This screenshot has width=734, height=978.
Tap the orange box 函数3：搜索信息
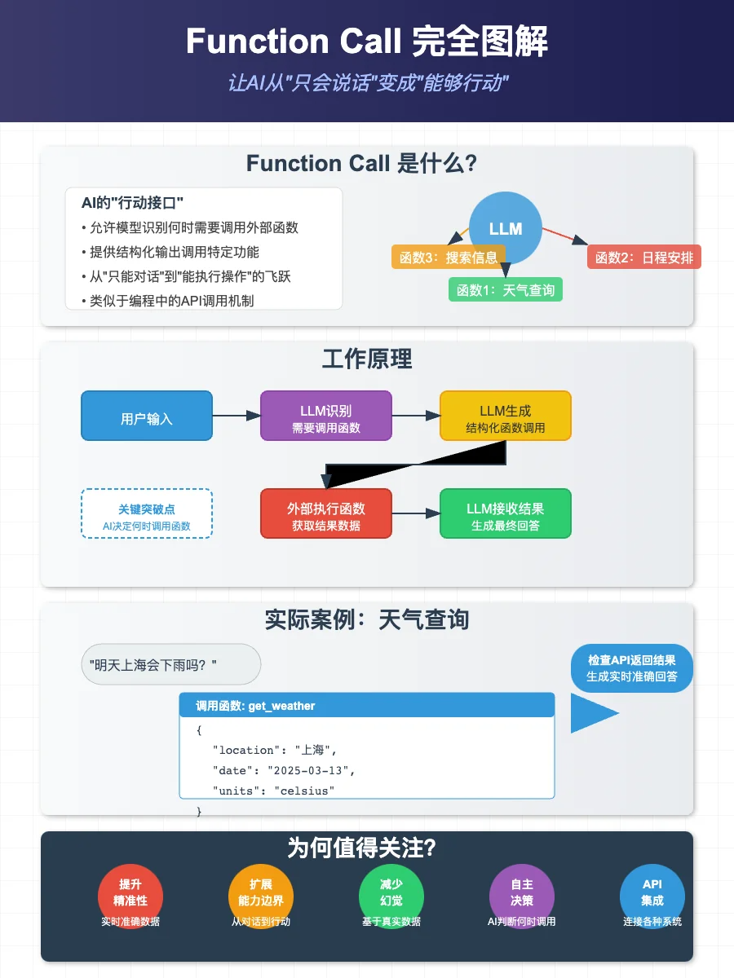click(448, 258)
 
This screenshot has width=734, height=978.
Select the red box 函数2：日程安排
click(644, 258)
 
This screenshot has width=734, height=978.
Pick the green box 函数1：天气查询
click(506, 289)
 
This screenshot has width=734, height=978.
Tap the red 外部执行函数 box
click(326, 513)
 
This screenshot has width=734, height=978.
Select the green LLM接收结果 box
click(506, 513)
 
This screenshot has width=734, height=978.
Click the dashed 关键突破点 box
click(147, 513)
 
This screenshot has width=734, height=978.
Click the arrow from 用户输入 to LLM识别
click(237, 416)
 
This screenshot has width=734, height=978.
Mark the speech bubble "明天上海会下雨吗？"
click(171, 664)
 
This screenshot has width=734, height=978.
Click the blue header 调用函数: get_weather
click(367, 705)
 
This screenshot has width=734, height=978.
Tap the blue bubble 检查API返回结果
click(632, 668)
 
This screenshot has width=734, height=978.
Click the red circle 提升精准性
click(130, 893)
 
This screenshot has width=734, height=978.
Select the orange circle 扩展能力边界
click(261, 893)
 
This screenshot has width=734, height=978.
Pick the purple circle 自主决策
click(522, 893)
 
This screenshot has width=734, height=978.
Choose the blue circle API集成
click(652, 893)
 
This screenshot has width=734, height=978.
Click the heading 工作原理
click(367, 359)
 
